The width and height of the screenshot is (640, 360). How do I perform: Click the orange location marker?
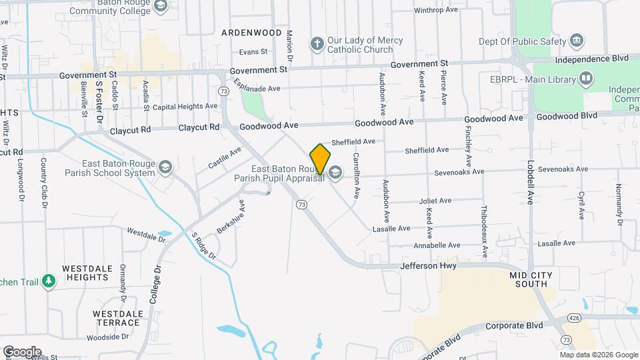(x=320, y=159)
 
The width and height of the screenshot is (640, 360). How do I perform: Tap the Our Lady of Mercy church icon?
(x=317, y=45)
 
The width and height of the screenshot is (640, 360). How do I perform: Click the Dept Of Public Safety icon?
(x=577, y=41)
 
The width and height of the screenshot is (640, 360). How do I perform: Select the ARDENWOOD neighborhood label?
(x=251, y=32)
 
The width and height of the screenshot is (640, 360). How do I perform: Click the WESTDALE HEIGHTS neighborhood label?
(x=85, y=273)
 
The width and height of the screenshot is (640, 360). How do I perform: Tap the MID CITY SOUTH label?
(x=532, y=279)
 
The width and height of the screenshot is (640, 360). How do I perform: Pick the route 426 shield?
(x=574, y=319)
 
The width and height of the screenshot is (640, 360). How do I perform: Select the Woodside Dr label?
(x=107, y=337)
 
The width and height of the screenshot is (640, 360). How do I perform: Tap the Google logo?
(x=21, y=352)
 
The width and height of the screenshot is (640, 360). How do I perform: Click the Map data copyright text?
(x=598, y=355)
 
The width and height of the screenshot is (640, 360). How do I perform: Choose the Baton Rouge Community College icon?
(x=160, y=7)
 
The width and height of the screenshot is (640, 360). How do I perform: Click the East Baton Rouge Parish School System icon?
(x=166, y=167)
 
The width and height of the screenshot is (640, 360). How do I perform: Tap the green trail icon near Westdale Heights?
(x=48, y=282)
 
